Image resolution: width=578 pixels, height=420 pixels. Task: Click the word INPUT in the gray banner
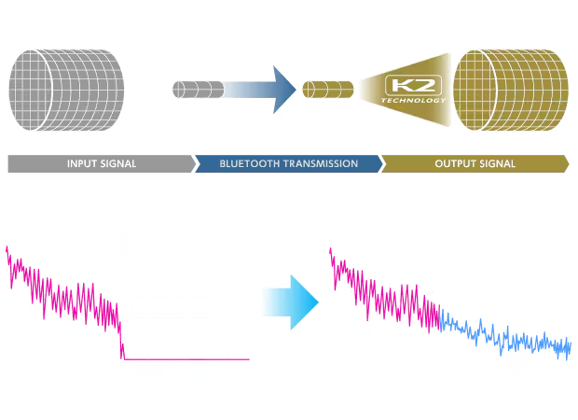pos(83,163)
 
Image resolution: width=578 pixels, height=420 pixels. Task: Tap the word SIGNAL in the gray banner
pos(119,163)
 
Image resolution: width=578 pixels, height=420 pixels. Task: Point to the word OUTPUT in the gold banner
pos(452,163)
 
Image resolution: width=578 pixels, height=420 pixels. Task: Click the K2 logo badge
pos(413,85)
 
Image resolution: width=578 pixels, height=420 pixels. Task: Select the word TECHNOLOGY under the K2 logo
pos(413,100)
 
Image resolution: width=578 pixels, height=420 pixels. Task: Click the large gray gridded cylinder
pos(66,90)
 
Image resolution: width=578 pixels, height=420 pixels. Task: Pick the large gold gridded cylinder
pos(511,90)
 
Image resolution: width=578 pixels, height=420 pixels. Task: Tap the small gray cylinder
pos(199,90)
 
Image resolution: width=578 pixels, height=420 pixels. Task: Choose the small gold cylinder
pos(328,90)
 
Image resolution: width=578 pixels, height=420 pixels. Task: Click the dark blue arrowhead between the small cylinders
pos(283,90)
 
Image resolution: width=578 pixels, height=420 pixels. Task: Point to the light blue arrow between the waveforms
pos(291,302)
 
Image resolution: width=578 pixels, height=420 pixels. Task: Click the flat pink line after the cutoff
pos(186,359)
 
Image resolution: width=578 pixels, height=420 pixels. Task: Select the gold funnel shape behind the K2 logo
pos(406,90)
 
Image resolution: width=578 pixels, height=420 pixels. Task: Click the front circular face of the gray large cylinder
pos(30,90)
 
